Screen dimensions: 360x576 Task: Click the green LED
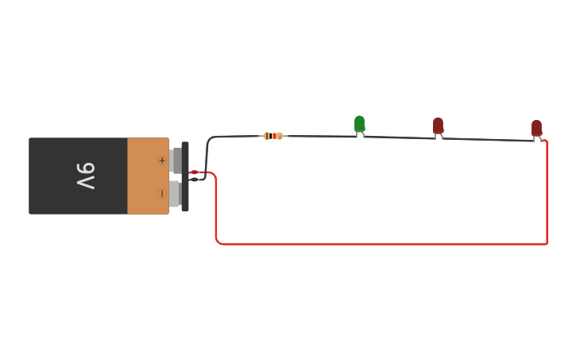click(359, 123)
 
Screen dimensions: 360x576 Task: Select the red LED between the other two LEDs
click(438, 126)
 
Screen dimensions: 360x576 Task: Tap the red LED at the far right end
click(536, 128)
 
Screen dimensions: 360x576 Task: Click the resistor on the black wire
click(273, 136)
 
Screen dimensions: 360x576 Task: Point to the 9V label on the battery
click(86, 176)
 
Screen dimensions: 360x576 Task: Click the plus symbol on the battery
click(162, 161)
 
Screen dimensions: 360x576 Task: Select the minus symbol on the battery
click(162, 193)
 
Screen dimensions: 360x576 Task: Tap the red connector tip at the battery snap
click(195, 172)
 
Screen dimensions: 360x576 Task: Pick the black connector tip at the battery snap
click(195, 179)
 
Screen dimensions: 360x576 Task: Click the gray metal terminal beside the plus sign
click(176, 160)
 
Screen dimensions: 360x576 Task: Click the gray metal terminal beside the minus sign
click(175, 193)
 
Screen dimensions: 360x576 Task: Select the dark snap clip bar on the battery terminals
click(185, 176)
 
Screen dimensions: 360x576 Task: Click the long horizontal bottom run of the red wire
click(381, 244)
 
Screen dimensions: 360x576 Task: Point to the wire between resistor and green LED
click(318, 136)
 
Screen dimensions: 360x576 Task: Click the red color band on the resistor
click(273, 136)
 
